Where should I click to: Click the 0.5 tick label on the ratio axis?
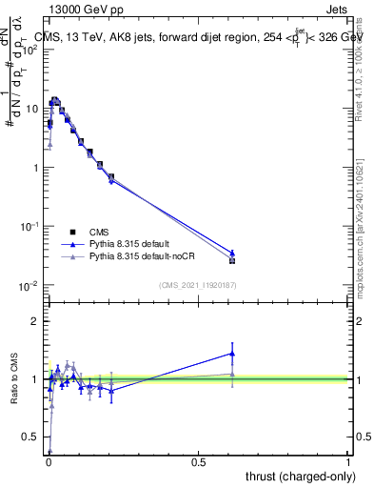31,437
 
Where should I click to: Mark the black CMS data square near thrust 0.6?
232,260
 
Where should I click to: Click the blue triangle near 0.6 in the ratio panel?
232,354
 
